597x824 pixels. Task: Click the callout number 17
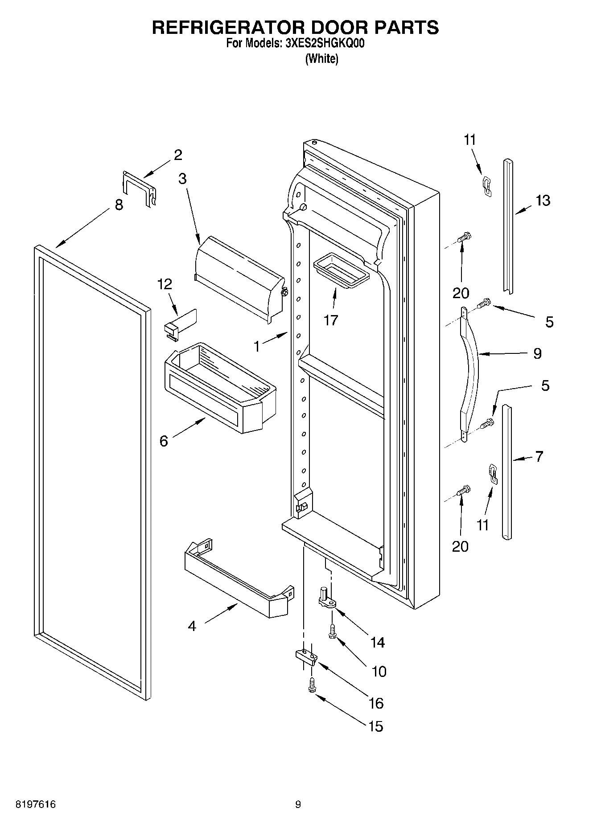pyautogui.click(x=331, y=320)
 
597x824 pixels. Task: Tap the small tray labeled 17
pyautogui.click(x=342, y=269)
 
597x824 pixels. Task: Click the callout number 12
pyautogui.click(x=165, y=284)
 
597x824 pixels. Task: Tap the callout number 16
pyautogui.click(x=376, y=703)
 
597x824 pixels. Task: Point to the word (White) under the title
pyautogui.click(x=321, y=58)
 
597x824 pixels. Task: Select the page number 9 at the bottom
pyautogui.click(x=298, y=804)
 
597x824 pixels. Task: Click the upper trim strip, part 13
pyautogui.click(x=508, y=227)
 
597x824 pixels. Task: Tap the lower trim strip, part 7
pyautogui.click(x=506, y=472)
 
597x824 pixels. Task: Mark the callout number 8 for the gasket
pyautogui.click(x=119, y=205)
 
